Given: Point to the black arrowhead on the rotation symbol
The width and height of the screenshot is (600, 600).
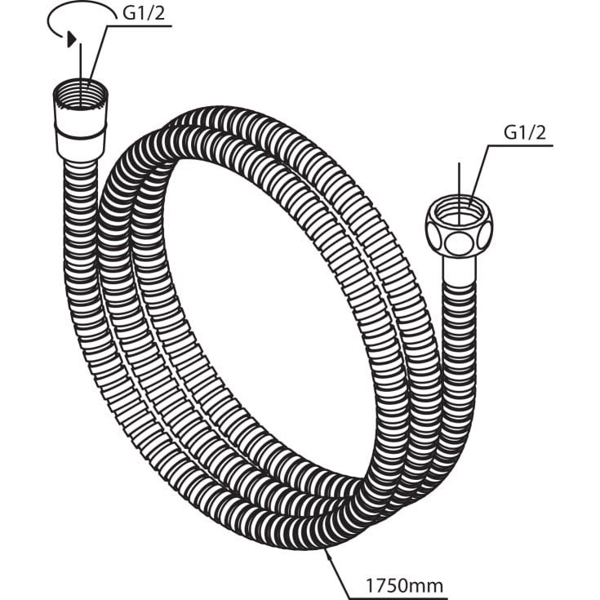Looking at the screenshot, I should (x=73, y=38).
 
